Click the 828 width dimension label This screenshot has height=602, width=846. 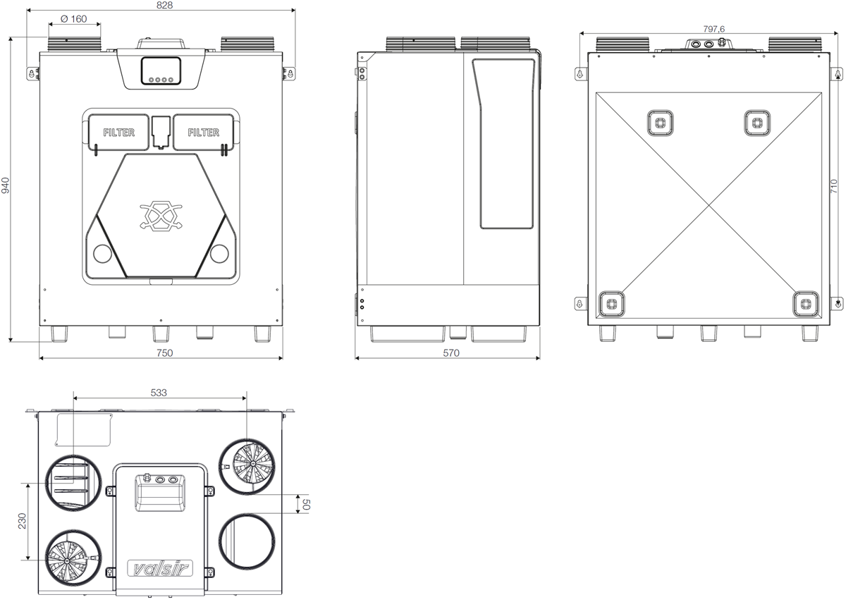(x=165, y=6)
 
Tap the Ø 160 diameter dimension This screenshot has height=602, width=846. (x=73, y=19)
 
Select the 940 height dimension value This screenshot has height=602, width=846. (x=6, y=185)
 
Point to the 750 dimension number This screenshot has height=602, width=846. (x=165, y=352)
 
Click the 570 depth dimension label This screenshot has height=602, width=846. (x=451, y=352)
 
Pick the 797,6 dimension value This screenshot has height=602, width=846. (x=713, y=29)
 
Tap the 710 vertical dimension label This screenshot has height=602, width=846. (x=834, y=186)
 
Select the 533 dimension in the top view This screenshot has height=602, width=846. (x=159, y=393)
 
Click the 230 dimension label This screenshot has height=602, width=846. (x=23, y=521)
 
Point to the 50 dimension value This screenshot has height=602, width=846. (x=306, y=504)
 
